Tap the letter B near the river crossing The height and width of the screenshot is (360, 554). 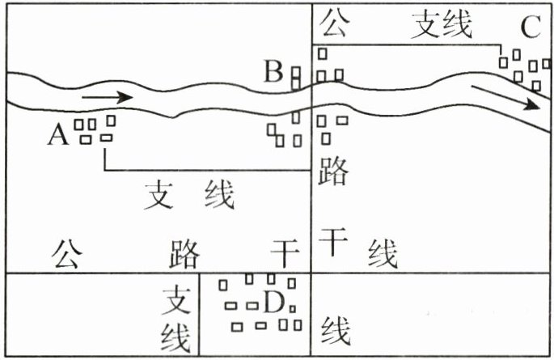(274, 73)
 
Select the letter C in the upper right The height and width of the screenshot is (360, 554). (530, 28)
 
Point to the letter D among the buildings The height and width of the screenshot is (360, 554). (273, 304)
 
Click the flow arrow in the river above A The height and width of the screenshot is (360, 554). (107, 97)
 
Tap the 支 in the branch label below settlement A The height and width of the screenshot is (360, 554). (159, 195)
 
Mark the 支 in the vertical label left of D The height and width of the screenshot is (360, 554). (176, 300)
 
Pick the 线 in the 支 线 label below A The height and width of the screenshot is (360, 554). (218, 195)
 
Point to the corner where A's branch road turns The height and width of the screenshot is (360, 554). (104, 170)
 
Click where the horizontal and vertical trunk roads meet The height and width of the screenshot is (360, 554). (312, 273)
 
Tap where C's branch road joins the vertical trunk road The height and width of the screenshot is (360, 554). (312, 44)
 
